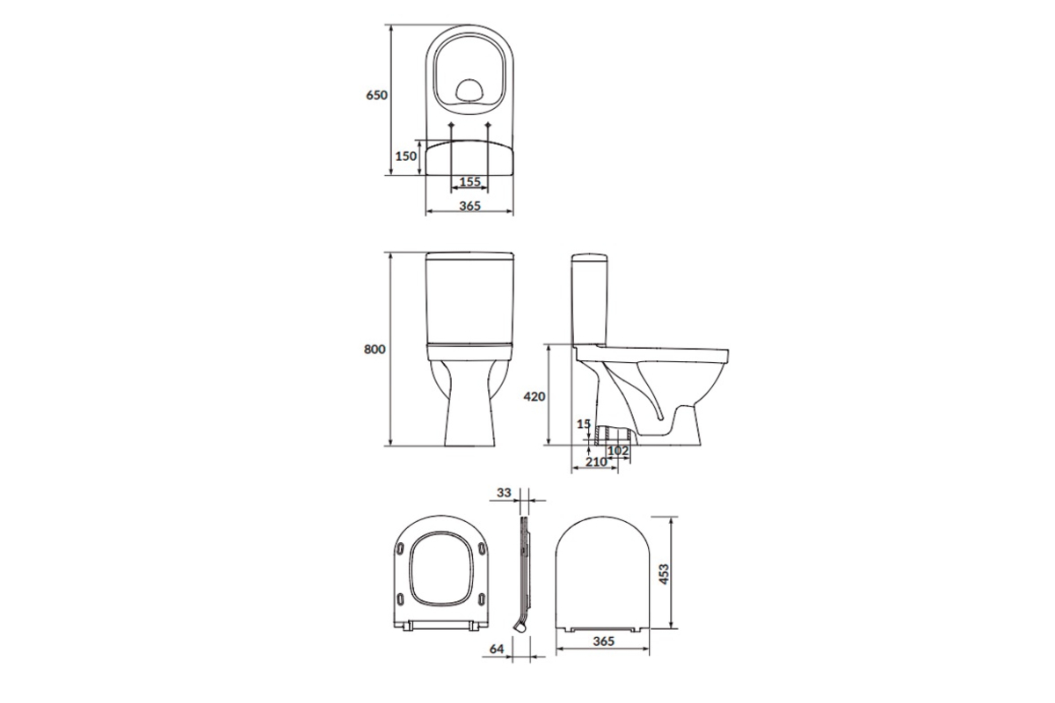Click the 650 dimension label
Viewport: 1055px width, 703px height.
377,95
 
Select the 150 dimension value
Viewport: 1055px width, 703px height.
405,156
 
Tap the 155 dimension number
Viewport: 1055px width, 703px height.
469,182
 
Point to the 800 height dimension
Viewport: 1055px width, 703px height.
375,350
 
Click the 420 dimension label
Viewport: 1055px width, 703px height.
535,397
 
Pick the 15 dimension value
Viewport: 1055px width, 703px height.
584,424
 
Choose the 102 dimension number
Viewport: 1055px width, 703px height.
618,451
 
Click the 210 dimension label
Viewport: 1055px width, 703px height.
596,462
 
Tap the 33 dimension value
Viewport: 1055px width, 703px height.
504,492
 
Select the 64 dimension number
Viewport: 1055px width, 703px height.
497,649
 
